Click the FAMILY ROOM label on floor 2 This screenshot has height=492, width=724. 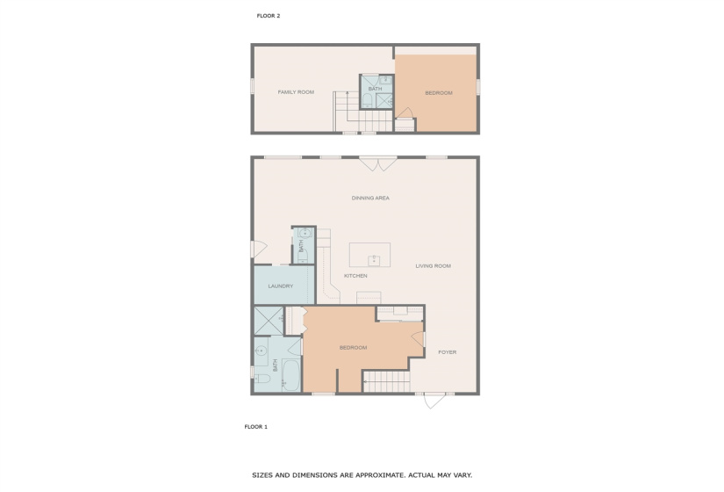tap(296, 92)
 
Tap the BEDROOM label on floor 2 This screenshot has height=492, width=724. tap(438, 93)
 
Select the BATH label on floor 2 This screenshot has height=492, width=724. tap(375, 89)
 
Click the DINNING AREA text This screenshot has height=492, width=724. tap(370, 199)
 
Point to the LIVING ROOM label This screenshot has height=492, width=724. tap(433, 266)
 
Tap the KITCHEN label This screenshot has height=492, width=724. tap(355, 276)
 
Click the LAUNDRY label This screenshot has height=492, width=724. tap(280, 286)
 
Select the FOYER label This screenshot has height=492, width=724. tap(448, 352)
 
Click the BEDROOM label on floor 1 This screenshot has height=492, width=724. tap(353, 348)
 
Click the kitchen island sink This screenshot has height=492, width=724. tap(374, 259)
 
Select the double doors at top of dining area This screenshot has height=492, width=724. tap(377, 162)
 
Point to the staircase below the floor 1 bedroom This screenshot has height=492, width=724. tap(387, 381)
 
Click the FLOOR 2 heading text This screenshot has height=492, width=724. tap(268, 16)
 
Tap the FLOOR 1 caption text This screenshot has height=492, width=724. tap(255, 427)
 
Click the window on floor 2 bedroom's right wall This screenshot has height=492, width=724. tap(478, 87)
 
